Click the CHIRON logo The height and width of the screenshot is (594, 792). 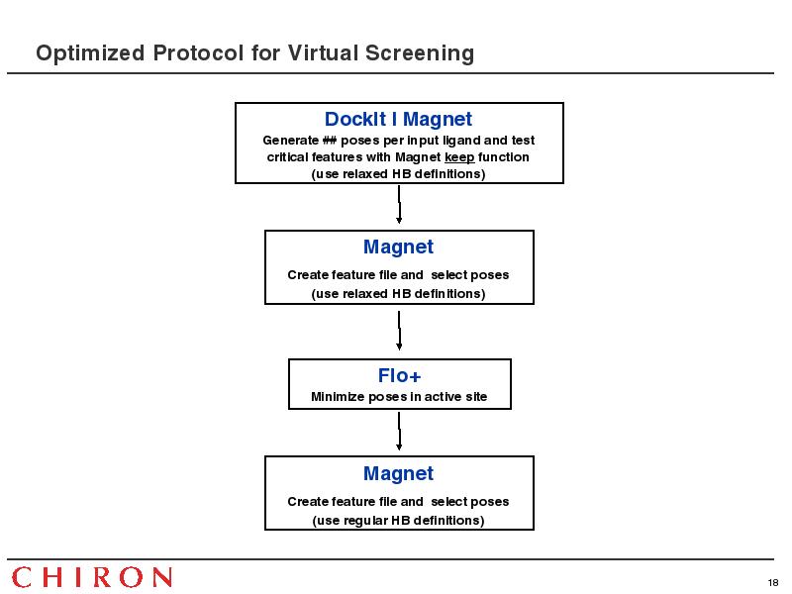click(x=92, y=577)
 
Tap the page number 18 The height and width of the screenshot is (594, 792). click(x=773, y=583)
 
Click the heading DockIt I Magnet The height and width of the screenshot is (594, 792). click(x=398, y=119)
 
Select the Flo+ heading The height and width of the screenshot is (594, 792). click(x=399, y=375)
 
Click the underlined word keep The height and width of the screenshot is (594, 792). click(x=459, y=157)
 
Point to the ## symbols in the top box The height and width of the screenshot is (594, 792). click(x=330, y=140)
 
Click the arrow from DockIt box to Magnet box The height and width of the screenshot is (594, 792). click(x=399, y=204)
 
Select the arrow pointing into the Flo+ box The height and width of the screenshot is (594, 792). click(x=399, y=331)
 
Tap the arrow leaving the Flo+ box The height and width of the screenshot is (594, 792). click(x=399, y=431)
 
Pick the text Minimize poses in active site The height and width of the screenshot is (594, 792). click(x=399, y=397)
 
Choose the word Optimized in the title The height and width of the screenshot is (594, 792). click(x=90, y=53)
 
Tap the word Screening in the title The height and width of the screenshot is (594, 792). click(x=420, y=53)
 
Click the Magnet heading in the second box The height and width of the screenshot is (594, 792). click(x=398, y=247)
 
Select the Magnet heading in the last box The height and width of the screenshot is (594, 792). click(x=398, y=474)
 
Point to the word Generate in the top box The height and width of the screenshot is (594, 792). click(x=290, y=140)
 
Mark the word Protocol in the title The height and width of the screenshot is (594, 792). click(x=199, y=52)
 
